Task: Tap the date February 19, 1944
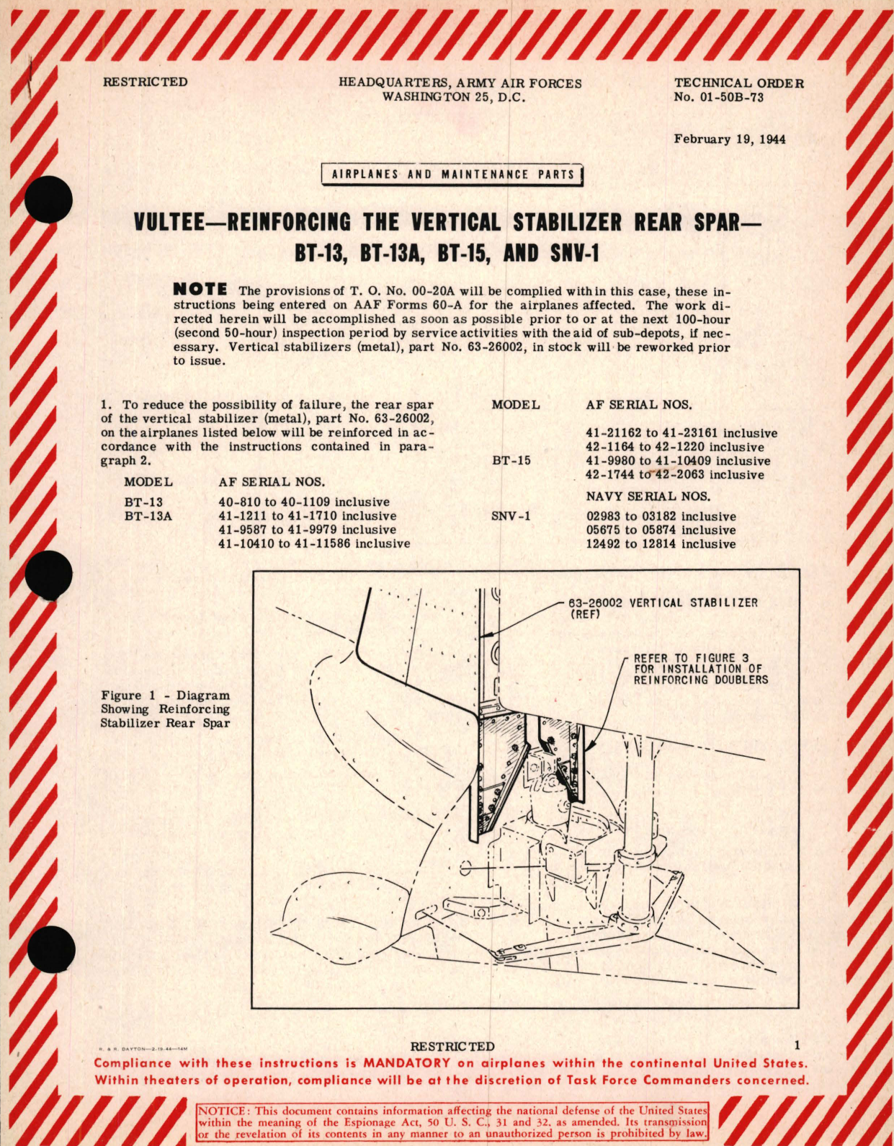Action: point(729,139)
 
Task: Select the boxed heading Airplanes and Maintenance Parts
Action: point(452,175)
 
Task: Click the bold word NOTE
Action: point(200,290)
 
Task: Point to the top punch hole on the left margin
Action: point(48,200)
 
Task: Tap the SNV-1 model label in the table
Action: point(511,516)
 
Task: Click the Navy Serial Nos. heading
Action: point(648,496)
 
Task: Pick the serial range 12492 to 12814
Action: point(661,544)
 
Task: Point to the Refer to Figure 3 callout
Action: point(699,669)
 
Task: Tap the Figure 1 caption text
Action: point(165,709)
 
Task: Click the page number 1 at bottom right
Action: point(797,1045)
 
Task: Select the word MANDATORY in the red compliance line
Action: point(406,1063)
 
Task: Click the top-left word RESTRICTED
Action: point(145,82)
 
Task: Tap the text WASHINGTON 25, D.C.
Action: point(453,98)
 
